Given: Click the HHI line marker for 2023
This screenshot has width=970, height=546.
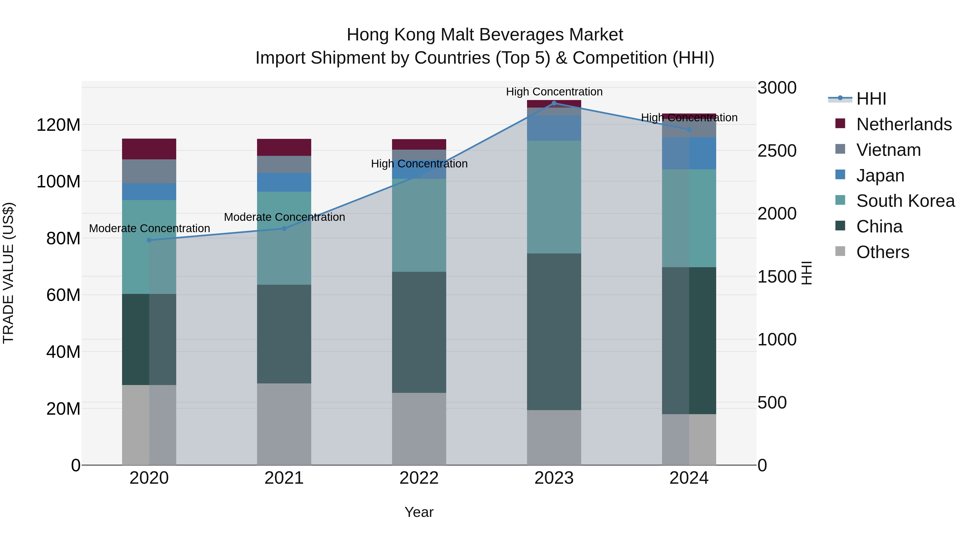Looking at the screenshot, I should pos(554,103).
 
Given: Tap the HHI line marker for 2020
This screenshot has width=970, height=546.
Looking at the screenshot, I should pos(149,240).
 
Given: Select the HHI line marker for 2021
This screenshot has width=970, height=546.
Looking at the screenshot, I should pos(284,228).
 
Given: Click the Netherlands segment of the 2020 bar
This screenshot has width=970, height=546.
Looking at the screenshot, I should pos(149,149).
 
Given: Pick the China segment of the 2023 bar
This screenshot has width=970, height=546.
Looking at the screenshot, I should pos(554,332).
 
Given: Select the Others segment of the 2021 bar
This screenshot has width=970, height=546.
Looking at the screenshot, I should pos(284,424).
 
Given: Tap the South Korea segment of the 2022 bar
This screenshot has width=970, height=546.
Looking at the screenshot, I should pos(419,225).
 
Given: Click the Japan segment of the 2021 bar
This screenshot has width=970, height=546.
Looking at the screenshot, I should pos(284,182).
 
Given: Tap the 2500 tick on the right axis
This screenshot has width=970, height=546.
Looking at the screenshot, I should pos(777,151).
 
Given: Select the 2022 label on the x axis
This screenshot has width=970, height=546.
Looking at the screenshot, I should pos(419,478).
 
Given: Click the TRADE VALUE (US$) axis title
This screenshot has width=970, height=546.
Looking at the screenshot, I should pos(8,273).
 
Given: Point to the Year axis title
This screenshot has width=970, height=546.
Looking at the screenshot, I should pos(419,512).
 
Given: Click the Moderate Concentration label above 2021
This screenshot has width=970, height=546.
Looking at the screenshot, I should pos(284,217).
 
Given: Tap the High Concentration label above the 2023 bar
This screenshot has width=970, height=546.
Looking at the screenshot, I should pos(554,92).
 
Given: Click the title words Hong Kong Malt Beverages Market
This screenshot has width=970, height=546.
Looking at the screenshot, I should pos(485,35).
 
